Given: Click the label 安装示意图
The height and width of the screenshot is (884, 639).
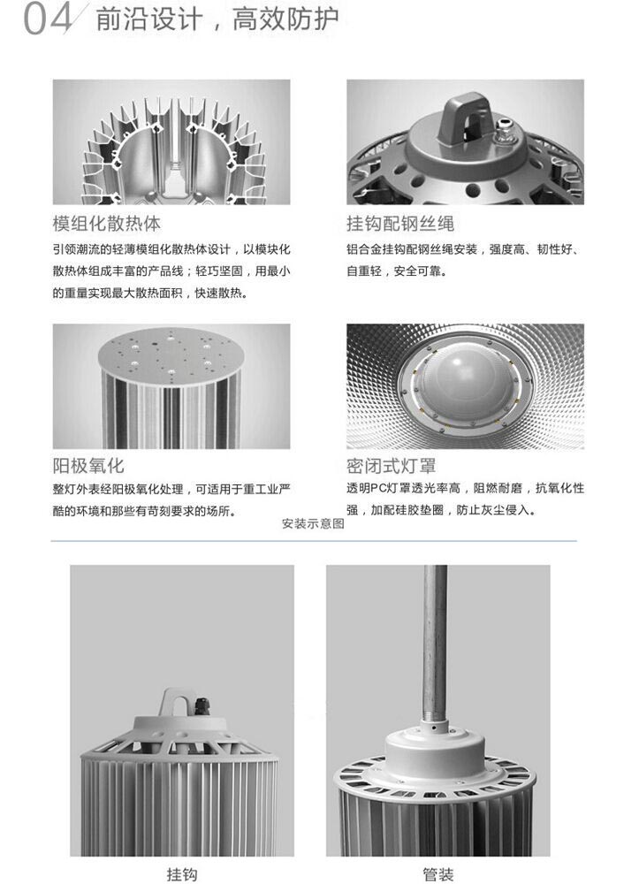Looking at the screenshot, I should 313,523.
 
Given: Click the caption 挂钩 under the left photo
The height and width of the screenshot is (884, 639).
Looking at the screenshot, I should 181,874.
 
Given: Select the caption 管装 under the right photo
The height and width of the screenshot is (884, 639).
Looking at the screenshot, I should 437,874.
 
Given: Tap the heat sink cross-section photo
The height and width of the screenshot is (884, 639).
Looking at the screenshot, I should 171,142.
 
